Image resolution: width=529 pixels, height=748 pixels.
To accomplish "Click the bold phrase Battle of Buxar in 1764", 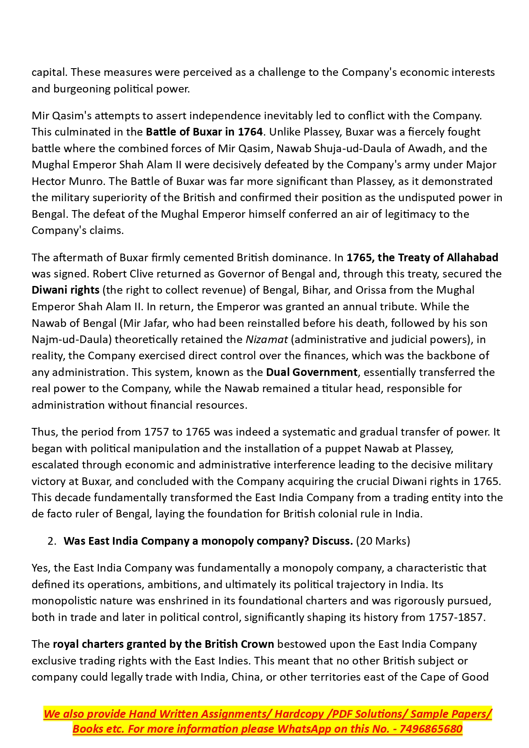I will (204, 132).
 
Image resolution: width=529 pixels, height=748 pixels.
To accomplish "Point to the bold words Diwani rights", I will (65, 290).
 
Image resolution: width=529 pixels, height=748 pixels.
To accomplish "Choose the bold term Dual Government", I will (312, 373).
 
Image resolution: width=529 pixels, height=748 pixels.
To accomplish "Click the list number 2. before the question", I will (52, 541).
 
